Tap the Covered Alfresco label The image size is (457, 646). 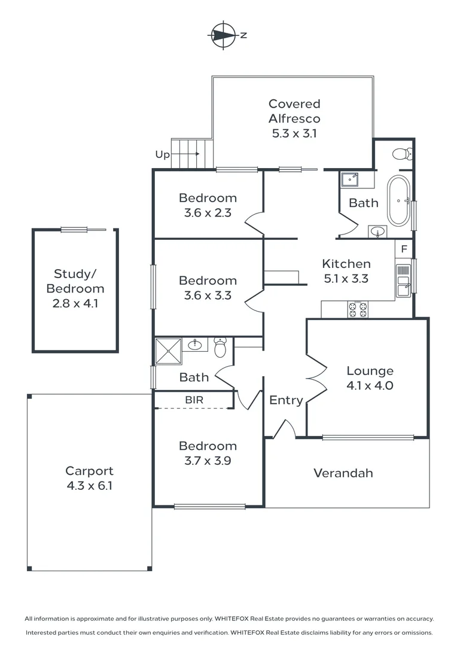pyautogui.click(x=294, y=118)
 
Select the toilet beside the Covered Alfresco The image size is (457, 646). pyautogui.click(x=403, y=154)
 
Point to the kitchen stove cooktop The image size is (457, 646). pyautogui.click(x=358, y=309)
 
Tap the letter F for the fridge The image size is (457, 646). pyautogui.click(x=404, y=249)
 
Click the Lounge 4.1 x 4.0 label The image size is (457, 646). pyautogui.click(x=370, y=378)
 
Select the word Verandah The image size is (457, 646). pyautogui.click(x=343, y=473)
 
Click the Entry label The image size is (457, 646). pyautogui.click(x=286, y=400)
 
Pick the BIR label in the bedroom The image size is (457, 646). pyautogui.click(x=193, y=400)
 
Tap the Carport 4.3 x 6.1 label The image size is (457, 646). pyautogui.click(x=89, y=479)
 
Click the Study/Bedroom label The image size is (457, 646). pyautogui.click(x=75, y=288)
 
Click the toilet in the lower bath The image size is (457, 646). pyautogui.click(x=220, y=347)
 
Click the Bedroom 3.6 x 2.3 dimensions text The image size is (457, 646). pyautogui.click(x=208, y=212)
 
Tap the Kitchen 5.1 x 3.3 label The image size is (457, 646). pyautogui.click(x=346, y=270)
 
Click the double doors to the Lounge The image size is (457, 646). pyautogui.click(x=316, y=377)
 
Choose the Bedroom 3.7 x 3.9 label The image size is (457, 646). pyautogui.click(x=208, y=453)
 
